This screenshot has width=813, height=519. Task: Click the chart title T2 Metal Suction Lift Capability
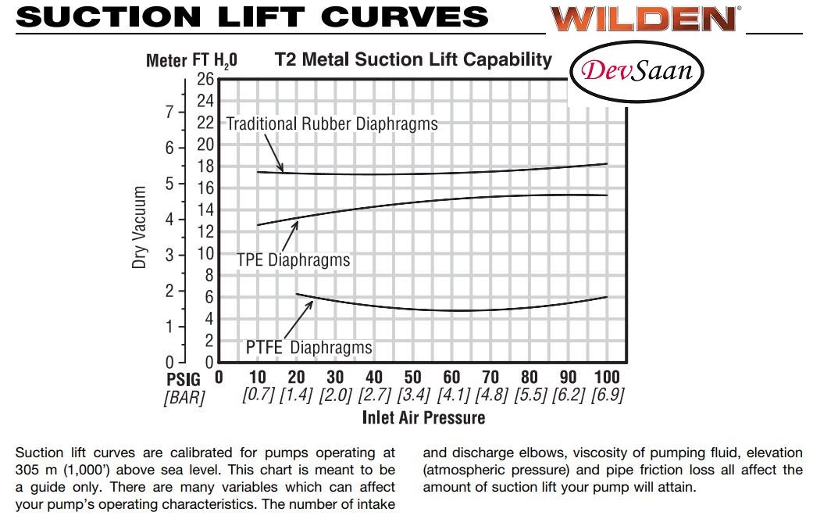[413, 59]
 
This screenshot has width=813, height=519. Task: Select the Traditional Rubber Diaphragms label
[332, 123]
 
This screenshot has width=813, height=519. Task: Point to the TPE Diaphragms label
[293, 260]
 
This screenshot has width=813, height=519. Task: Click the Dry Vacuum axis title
[140, 227]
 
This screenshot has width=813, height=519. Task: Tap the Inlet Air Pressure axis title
[423, 417]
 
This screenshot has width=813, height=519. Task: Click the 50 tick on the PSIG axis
[412, 378]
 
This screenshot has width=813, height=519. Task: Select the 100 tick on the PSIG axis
[607, 378]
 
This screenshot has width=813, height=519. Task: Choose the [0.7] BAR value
[258, 396]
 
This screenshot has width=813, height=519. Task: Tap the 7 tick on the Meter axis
[169, 112]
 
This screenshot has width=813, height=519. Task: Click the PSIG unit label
[184, 379]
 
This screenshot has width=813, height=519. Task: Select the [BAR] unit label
[184, 397]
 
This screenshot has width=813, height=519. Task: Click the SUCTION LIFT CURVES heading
[251, 16]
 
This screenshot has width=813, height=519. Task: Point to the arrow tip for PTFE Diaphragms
[312, 302]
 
